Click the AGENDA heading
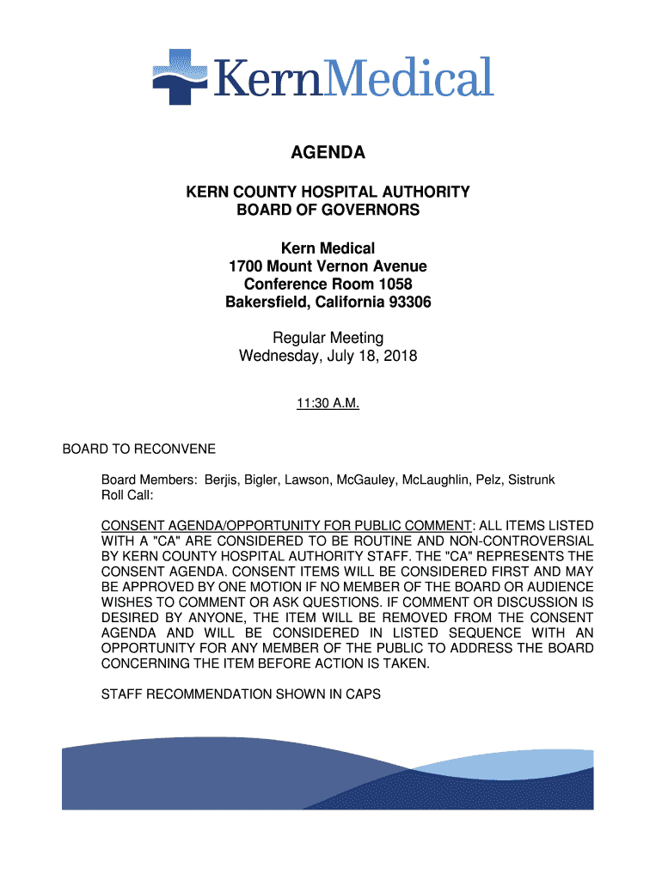click(328, 153)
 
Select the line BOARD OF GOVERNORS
click(328, 211)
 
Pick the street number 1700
click(247, 266)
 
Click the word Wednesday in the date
click(277, 355)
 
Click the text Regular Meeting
click(328, 337)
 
